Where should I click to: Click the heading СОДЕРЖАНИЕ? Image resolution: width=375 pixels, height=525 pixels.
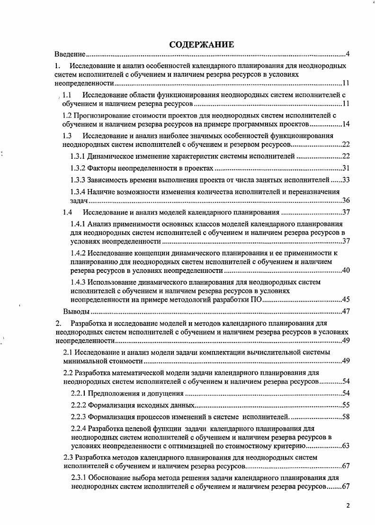(201, 45)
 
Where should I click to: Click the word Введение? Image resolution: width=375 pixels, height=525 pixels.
(69, 54)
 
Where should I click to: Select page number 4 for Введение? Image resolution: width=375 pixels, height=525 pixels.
(347, 54)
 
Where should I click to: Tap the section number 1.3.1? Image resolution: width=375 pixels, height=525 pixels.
(78, 157)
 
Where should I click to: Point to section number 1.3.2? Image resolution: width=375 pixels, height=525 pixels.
(78, 169)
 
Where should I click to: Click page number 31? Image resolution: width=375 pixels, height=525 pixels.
(345, 169)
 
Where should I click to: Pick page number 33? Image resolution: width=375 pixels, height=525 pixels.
(345, 180)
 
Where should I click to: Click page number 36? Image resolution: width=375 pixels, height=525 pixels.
(345, 200)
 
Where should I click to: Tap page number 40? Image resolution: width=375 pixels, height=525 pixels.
(345, 271)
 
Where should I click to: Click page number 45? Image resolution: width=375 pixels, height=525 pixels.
(345, 300)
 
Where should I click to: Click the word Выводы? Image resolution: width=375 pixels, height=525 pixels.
(76, 312)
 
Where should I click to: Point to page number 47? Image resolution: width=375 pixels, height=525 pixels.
(345, 312)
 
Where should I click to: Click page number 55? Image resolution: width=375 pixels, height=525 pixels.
(345, 405)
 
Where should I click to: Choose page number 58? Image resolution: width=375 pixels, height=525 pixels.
(345, 417)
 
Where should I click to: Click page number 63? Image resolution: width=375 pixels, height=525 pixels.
(345, 446)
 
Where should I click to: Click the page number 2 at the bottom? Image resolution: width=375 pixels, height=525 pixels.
(348, 506)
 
